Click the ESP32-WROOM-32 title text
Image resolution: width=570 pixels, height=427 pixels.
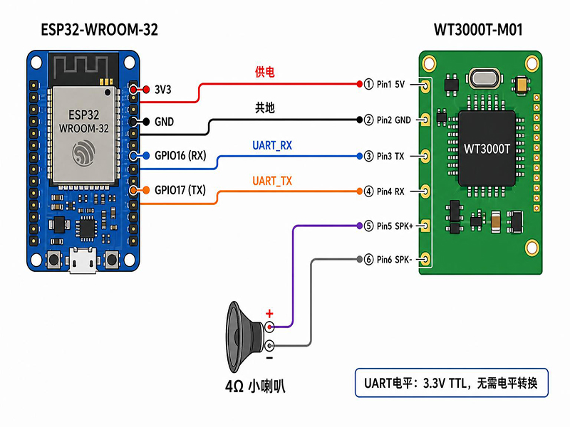(x=99, y=30)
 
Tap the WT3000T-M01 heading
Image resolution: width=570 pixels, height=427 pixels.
(x=478, y=30)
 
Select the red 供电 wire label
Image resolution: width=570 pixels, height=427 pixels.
(x=264, y=72)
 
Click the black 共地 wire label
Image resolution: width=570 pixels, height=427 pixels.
(x=264, y=107)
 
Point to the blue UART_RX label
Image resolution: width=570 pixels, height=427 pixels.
(x=272, y=146)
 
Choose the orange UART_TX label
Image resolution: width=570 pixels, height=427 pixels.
(x=272, y=181)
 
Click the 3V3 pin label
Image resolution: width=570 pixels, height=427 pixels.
(x=163, y=90)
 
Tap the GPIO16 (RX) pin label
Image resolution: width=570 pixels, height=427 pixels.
(x=180, y=156)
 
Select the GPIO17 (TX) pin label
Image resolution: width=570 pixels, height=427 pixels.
(x=180, y=190)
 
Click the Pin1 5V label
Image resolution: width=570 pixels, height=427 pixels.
(x=390, y=84)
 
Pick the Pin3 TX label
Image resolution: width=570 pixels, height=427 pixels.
(x=390, y=156)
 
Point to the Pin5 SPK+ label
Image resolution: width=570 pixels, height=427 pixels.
(x=395, y=226)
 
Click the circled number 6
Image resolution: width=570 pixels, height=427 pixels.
(x=368, y=259)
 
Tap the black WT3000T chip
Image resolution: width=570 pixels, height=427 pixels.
(x=487, y=149)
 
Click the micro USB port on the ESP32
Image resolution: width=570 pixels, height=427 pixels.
(x=83, y=260)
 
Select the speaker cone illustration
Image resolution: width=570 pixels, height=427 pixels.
(x=244, y=337)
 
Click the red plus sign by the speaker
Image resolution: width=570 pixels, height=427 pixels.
(x=269, y=313)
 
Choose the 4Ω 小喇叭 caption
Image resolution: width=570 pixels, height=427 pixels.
(x=255, y=386)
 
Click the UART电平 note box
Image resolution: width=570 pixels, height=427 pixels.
(x=452, y=383)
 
